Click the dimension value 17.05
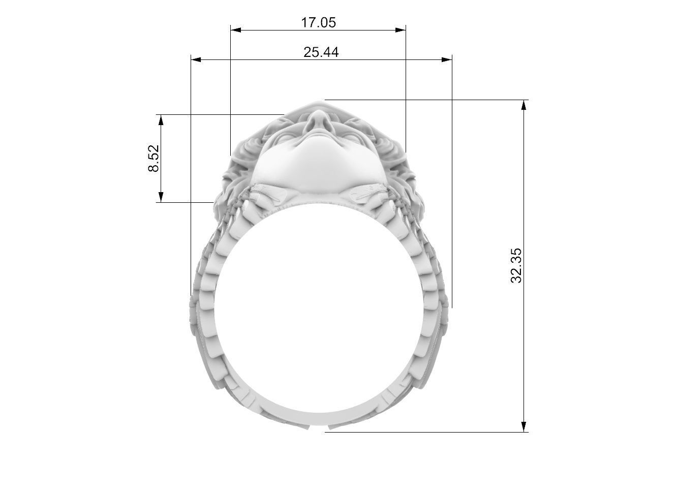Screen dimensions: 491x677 [x=319, y=22]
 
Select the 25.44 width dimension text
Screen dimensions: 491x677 [x=321, y=52]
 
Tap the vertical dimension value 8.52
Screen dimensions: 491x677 [x=153, y=159]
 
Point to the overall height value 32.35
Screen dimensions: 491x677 [x=516, y=266]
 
